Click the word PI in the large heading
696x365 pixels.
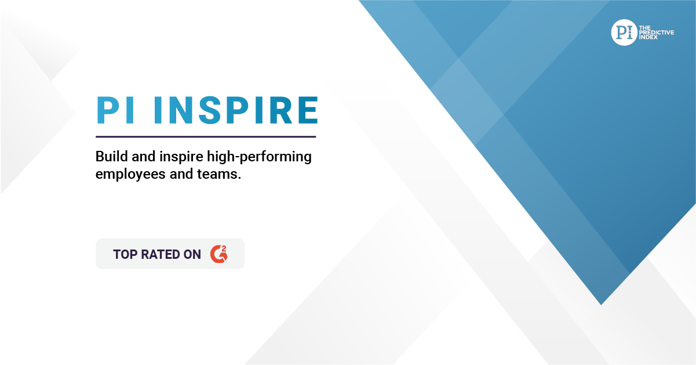pos(115,110)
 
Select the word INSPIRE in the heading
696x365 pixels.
pos(236,110)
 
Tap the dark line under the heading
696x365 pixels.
pos(206,136)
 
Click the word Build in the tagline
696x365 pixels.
pos(111,156)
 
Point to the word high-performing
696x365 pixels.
pos(259,157)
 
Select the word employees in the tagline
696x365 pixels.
pos(130,175)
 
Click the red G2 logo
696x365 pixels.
pos(219,254)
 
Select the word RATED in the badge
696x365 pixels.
pos(160,254)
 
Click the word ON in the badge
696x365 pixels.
pos(192,254)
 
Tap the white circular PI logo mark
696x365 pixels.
pos(624,32)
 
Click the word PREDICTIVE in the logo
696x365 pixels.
pos(657,32)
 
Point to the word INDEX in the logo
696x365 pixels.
pos(648,37)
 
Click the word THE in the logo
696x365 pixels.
pos(645,28)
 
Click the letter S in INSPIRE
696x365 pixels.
pos(210,110)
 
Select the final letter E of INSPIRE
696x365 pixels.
pos(308,110)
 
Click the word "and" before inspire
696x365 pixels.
pos(144,156)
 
